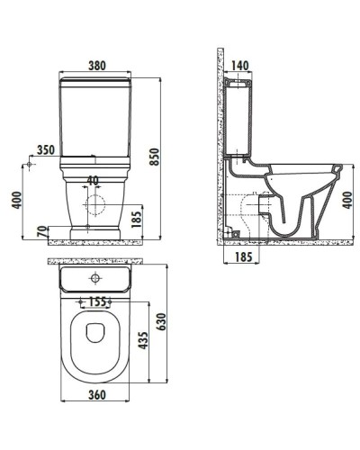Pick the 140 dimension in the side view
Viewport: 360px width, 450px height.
(238, 65)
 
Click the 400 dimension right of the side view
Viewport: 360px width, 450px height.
(347, 200)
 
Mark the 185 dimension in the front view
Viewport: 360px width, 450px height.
(136, 218)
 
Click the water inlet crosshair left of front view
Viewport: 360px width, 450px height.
(31, 166)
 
